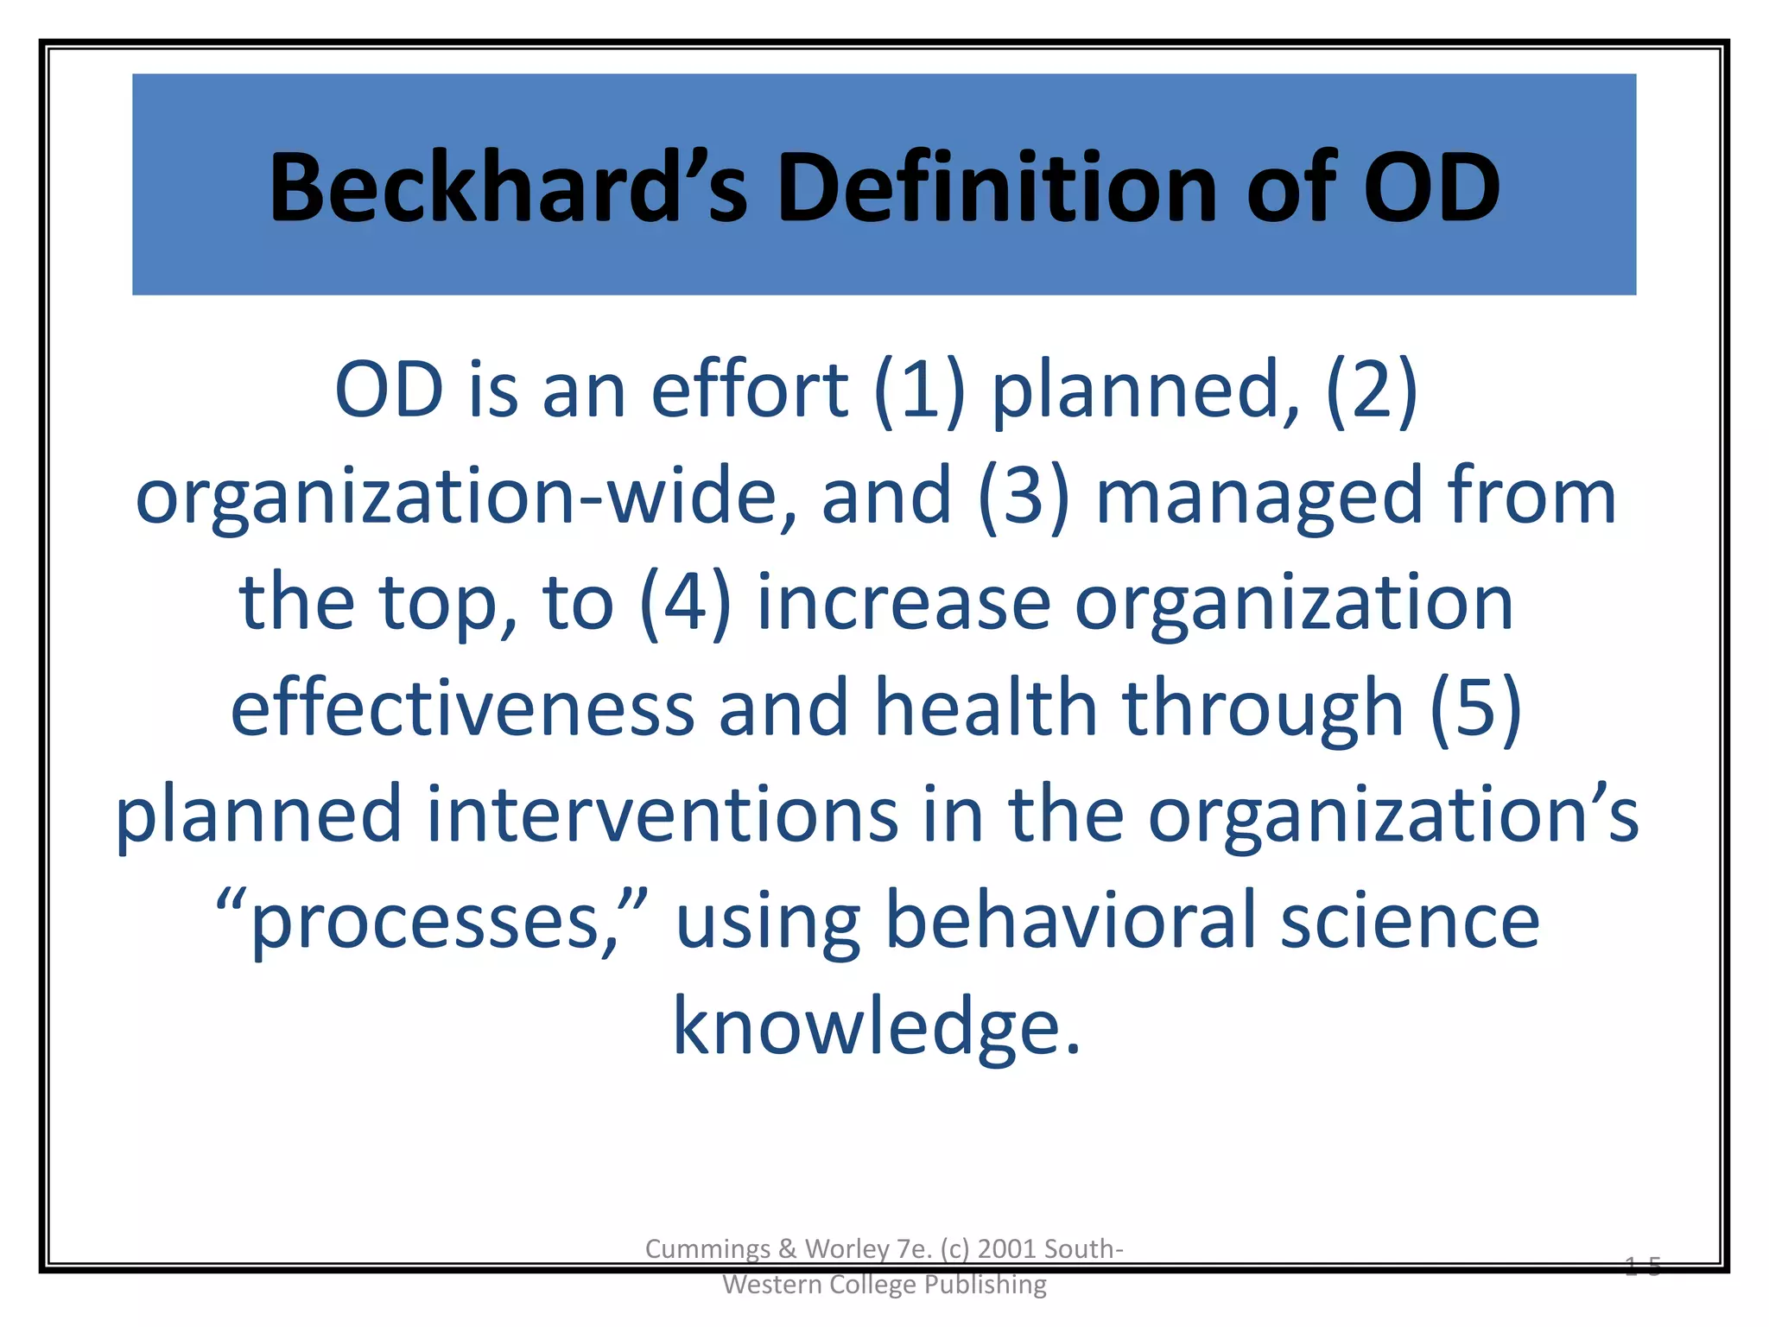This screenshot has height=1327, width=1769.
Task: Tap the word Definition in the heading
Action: coord(998,188)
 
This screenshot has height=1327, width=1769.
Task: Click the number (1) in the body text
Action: coord(919,391)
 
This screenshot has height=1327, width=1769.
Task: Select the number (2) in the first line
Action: coord(1372,391)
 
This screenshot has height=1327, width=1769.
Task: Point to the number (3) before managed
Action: coord(1024,497)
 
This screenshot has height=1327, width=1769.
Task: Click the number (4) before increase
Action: coord(685,603)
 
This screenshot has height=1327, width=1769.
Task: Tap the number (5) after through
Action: coord(1475,708)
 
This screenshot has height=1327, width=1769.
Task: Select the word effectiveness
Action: coord(462,708)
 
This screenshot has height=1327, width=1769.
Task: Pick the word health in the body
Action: coord(986,708)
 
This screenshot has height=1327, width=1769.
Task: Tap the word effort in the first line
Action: coord(749,391)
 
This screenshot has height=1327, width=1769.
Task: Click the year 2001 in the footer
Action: coord(1006,1249)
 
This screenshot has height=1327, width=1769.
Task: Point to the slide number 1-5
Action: coord(1642,1267)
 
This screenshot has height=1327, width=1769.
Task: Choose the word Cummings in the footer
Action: coord(707,1249)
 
